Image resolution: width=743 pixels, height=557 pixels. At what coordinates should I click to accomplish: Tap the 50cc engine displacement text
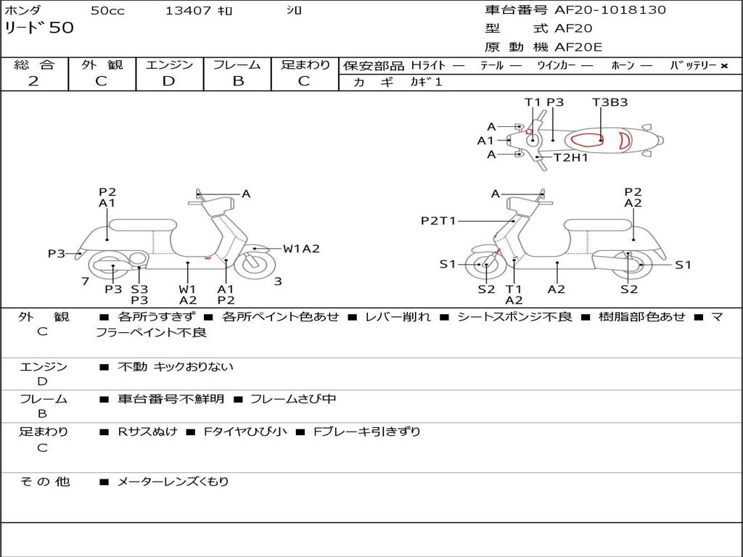(107, 11)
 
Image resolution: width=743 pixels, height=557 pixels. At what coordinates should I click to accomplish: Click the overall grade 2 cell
(33, 81)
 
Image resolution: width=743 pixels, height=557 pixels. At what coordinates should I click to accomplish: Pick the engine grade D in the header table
(168, 81)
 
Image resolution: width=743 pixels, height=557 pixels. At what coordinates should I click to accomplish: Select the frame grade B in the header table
(238, 81)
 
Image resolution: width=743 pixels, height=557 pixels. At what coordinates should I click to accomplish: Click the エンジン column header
(169, 65)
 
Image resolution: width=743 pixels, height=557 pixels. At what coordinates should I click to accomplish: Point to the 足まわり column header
(305, 65)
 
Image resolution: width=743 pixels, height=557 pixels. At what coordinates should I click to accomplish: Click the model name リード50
(39, 28)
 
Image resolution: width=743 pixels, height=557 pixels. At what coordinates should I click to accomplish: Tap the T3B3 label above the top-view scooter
(609, 102)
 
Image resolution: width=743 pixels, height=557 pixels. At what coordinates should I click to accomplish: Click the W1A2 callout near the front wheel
(301, 249)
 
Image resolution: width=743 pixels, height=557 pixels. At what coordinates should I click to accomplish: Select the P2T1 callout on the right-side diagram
(438, 220)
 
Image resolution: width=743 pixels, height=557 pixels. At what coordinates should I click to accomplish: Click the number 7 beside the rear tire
(85, 281)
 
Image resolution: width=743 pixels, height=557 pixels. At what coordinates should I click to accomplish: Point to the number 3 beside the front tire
(278, 281)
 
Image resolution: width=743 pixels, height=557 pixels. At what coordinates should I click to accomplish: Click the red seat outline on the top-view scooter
(586, 140)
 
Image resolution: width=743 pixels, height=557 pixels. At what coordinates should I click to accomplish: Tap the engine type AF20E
(579, 47)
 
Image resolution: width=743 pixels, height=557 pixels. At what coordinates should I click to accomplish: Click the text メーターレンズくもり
(173, 482)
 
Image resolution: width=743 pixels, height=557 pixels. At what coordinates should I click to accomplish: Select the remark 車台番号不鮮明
(171, 399)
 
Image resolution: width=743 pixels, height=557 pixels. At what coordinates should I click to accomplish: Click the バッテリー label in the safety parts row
(694, 65)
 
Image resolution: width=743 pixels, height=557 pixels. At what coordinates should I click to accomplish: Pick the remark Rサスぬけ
(147, 432)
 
